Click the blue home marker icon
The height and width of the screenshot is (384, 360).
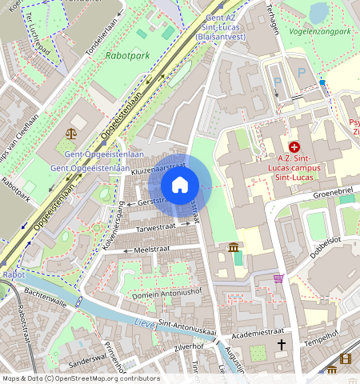pyautogui.click(x=180, y=186)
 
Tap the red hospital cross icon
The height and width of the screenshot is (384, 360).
pyautogui.click(x=294, y=147)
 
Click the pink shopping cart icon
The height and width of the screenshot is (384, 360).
pyautogui.click(x=278, y=278)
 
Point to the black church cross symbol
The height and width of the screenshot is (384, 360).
pyautogui.click(x=281, y=345)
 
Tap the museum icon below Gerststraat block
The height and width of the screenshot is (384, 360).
pyautogui.click(x=233, y=248)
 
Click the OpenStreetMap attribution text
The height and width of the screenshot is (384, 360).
pyautogui.click(x=80, y=378)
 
